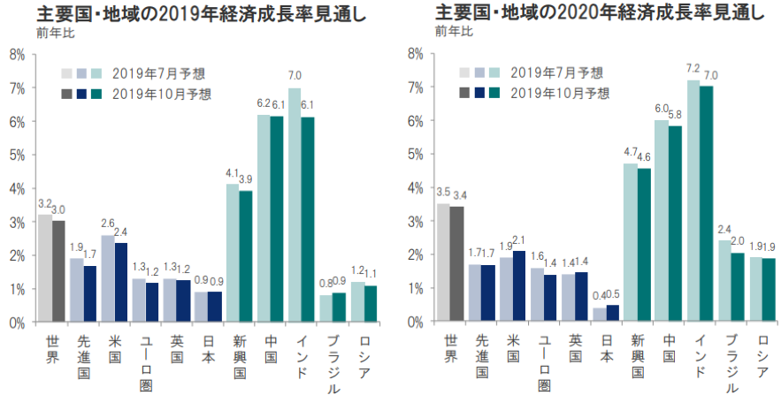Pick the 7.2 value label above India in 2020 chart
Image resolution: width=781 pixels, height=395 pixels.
point(693,68)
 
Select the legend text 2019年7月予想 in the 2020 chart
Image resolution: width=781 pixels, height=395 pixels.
point(556,72)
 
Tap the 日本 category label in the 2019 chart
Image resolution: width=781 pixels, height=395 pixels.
point(205,351)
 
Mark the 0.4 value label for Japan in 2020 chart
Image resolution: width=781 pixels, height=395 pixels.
point(598,296)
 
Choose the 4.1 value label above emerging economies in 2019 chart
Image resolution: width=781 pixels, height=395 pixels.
point(232,172)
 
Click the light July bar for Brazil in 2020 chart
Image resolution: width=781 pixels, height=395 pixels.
point(724,281)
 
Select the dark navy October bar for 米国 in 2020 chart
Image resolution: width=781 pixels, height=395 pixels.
point(519,286)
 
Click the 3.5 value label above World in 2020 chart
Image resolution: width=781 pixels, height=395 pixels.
point(443,192)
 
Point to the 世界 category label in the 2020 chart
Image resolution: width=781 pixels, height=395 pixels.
point(451,351)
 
